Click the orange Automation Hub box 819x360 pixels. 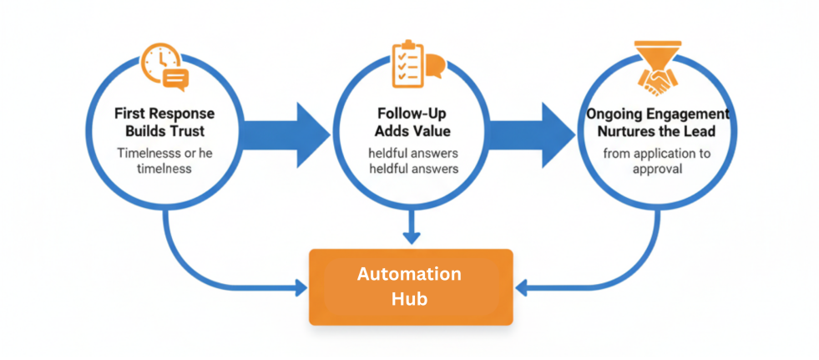410,286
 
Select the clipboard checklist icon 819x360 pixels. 406,63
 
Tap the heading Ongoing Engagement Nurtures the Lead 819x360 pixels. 658,121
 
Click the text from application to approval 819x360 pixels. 658,161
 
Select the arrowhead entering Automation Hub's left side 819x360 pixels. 301,289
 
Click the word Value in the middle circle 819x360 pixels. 435,130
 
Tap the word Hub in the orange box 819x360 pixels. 409,298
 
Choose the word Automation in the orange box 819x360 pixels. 409,274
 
